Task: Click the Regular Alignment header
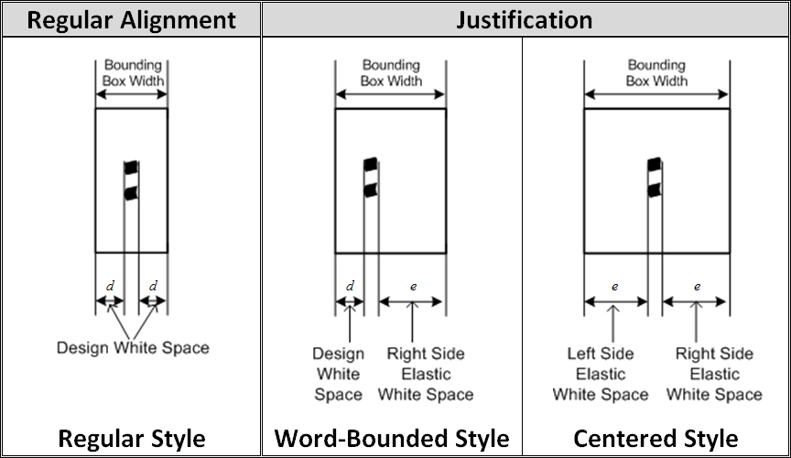coord(131,19)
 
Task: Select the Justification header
coord(525,19)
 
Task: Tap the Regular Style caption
coord(131,438)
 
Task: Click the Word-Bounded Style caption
coord(392,438)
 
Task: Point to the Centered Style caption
coord(656,438)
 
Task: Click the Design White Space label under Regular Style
coord(133,347)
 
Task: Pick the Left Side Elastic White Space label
coord(601,374)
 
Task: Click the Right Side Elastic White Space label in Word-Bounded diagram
coord(426,374)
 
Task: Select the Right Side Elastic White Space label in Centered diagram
coord(714,374)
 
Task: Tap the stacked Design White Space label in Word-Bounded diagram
coord(339,374)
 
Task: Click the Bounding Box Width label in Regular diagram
coord(134,73)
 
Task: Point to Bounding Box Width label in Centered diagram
coord(656,73)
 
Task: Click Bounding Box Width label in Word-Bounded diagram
coord(391,73)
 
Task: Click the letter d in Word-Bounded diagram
coord(350,286)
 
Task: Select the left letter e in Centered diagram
coord(614,286)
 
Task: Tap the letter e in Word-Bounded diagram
coord(413,286)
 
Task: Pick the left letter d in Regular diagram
coord(110,286)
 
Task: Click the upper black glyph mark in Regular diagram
coord(131,167)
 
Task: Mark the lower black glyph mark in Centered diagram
coord(653,191)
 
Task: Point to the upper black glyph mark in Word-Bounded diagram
coord(371,165)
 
